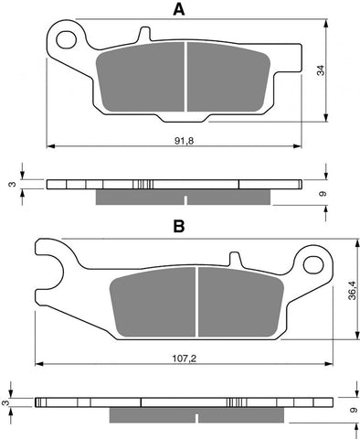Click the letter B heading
tap(179, 226)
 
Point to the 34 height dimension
tap(336, 72)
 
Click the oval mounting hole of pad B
tap(315, 266)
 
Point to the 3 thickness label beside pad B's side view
tap(7, 402)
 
